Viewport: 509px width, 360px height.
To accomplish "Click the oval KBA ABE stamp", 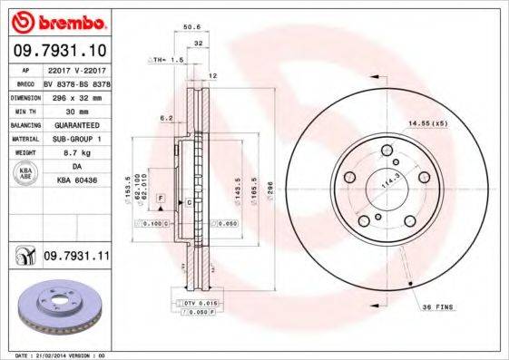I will tap(26, 174).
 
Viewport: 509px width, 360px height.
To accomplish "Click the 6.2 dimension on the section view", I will tap(167, 118).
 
